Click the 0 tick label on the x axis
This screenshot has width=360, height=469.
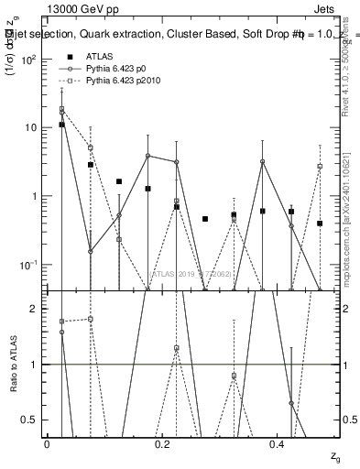click(x=47, y=443)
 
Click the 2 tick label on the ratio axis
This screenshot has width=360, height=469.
click(x=34, y=310)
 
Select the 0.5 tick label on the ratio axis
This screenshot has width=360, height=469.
click(x=30, y=420)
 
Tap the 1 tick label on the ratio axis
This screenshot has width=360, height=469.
click(x=34, y=365)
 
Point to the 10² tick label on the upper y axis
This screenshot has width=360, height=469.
click(x=28, y=59)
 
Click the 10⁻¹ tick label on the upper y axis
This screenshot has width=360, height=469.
click(x=28, y=265)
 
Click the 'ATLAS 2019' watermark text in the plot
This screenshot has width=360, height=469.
click(x=193, y=274)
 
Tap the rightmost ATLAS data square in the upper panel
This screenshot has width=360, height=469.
click(x=320, y=224)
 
